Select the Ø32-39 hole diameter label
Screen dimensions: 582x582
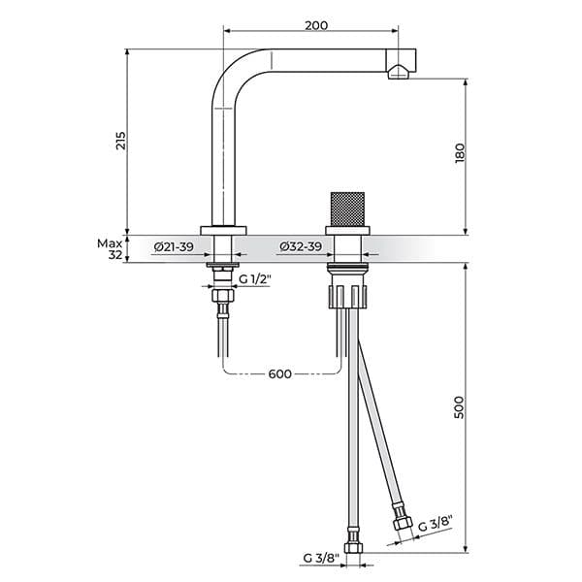(301, 248)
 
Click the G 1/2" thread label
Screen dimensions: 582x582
(255, 279)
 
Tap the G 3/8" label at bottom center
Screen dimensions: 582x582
(321, 558)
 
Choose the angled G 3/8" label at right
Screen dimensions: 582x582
(435, 526)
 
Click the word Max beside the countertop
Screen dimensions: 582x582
(109, 242)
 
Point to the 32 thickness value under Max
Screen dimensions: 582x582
(115, 255)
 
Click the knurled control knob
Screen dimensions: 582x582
(345, 209)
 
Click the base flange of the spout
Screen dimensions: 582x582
(223, 230)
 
